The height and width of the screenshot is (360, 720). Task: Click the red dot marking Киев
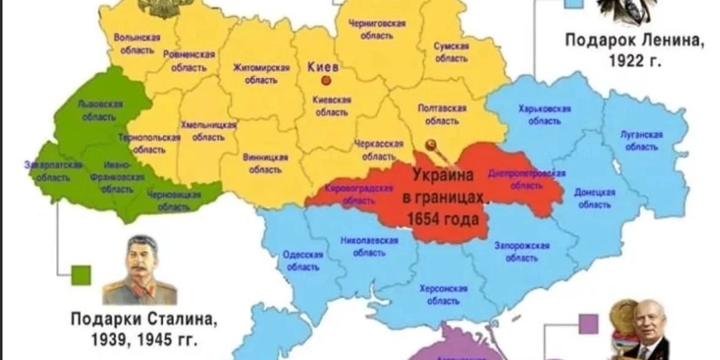click(x=326, y=81)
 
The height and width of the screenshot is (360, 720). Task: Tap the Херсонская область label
click(x=443, y=294)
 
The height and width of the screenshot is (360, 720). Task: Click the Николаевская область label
click(x=369, y=246)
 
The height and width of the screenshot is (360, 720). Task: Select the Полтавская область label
click(x=442, y=114)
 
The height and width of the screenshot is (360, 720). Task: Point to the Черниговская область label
click(x=377, y=29)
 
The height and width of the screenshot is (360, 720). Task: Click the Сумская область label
click(x=451, y=52)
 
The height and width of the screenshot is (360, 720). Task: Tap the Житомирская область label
click(x=261, y=73)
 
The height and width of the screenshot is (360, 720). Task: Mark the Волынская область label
click(x=137, y=43)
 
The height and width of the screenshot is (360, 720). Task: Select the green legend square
click(x=81, y=275)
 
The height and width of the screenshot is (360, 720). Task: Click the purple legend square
click(x=587, y=325)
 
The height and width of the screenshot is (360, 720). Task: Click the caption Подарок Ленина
click(x=634, y=40)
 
